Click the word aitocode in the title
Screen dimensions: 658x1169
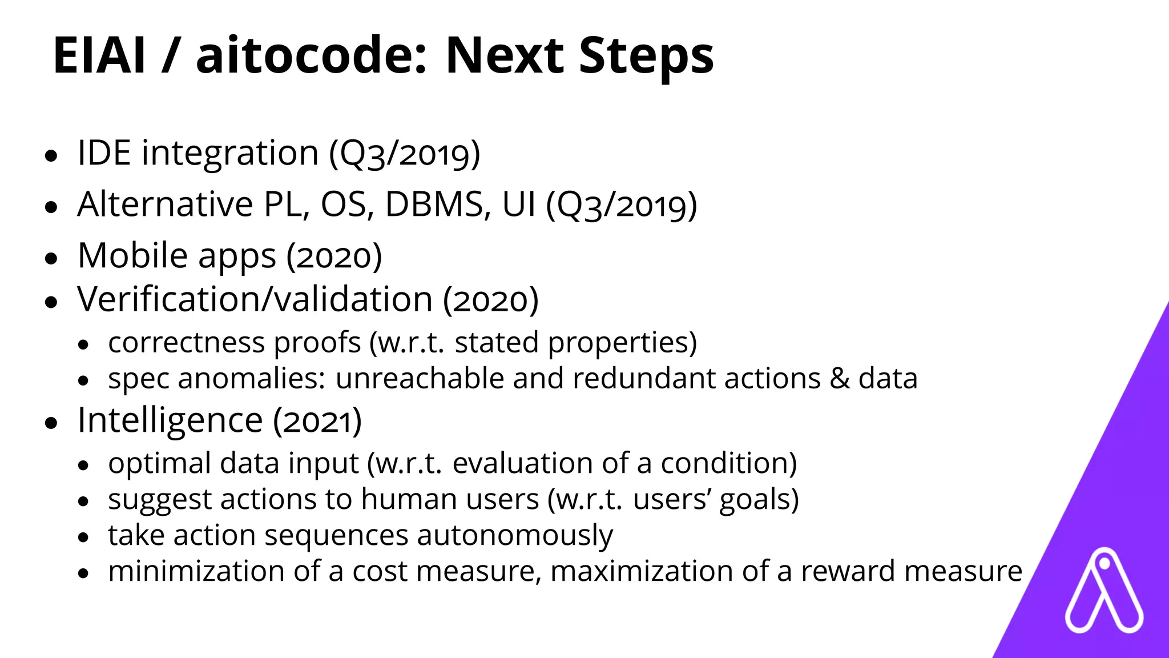click(311, 55)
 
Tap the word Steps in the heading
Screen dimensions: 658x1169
click(646, 55)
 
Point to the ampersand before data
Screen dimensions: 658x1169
click(839, 379)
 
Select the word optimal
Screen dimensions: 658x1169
click(159, 463)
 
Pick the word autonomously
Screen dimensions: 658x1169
click(515, 536)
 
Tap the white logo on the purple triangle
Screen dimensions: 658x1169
click(1104, 591)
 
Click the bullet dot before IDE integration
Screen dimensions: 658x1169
click(51, 155)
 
